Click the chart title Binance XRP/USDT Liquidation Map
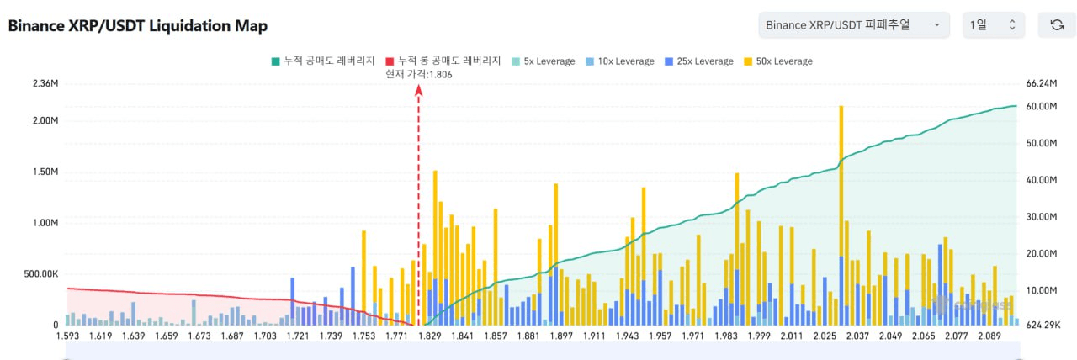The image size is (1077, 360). [137, 26]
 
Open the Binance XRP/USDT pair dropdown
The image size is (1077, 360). [853, 25]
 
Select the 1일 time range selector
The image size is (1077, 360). [993, 25]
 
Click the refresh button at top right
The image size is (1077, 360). [1057, 25]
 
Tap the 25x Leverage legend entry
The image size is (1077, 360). [698, 61]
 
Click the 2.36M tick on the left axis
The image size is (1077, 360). [45, 83]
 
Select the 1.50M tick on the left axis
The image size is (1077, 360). [45, 172]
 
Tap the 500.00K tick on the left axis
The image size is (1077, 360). [40, 274]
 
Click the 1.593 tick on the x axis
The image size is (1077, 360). [68, 336]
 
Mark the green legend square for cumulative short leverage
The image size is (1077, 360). [274, 61]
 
